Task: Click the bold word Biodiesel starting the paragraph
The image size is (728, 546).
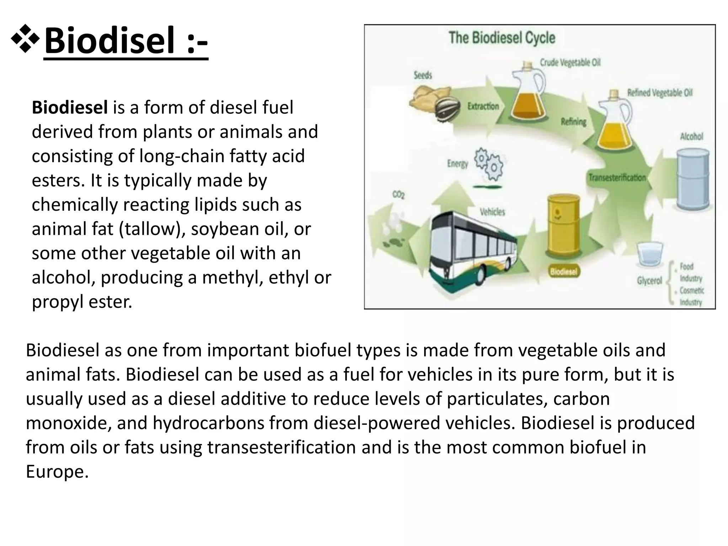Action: tap(70, 107)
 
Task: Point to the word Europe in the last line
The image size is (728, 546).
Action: tap(56, 471)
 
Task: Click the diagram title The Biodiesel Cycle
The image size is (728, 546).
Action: tap(502, 38)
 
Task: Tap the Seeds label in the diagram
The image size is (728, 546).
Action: tap(423, 75)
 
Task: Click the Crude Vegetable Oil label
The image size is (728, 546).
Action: tap(570, 63)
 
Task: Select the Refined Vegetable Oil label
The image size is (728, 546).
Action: tap(660, 93)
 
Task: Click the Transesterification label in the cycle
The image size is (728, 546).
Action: tap(617, 177)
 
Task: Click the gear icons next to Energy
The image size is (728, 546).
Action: tap(489, 164)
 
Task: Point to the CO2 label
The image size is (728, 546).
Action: tap(398, 195)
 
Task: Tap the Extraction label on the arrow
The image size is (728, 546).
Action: tap(483, 106)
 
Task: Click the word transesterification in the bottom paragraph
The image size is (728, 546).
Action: tap(282, 447)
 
